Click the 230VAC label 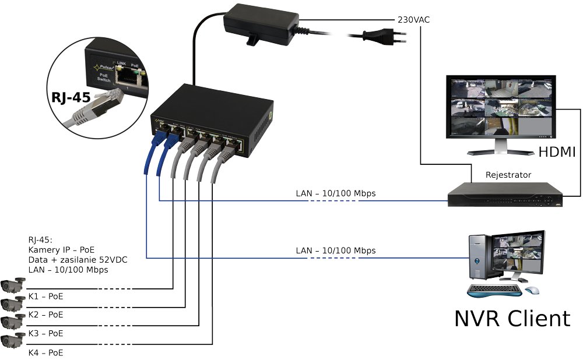point(414,19)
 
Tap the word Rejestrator point(508,175)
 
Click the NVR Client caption point(512,318)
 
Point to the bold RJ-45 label point(70,97)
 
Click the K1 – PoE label point(46,297)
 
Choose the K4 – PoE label point(46,352)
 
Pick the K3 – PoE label point(46,334)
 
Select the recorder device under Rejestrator point(505,195)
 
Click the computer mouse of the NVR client point(532,290)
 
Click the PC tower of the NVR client point(479,257)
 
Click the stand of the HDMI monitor point(500,146)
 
